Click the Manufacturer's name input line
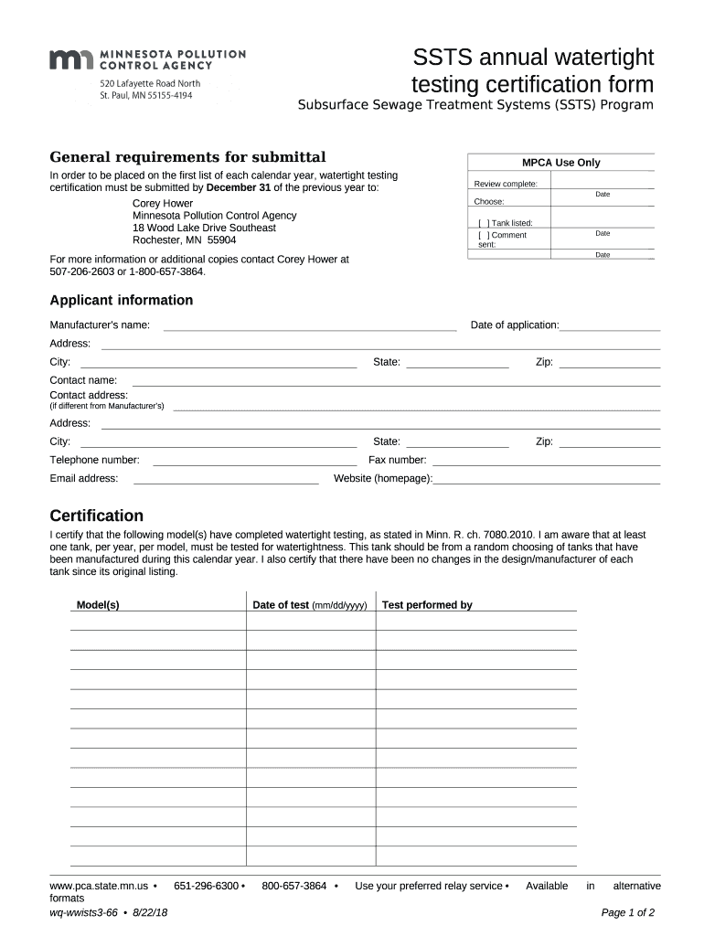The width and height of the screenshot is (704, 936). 309,325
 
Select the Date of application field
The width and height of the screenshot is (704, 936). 610,325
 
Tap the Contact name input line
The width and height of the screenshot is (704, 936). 396,380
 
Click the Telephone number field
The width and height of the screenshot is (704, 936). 254,460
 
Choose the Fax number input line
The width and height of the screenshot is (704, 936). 546,460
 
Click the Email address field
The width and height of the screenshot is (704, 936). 226,478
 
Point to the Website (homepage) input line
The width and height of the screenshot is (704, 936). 547,478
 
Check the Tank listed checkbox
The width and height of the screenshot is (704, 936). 483,223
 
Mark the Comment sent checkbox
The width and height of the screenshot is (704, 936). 483,235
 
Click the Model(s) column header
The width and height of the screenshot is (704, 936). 98,605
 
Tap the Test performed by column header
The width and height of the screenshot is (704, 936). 427,605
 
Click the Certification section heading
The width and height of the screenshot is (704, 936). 96,516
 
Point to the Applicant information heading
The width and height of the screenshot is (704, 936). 121,301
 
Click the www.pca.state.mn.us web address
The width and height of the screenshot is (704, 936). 99,886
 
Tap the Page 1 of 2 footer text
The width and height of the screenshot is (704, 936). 628,912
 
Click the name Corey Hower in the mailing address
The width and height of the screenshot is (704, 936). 163,203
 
